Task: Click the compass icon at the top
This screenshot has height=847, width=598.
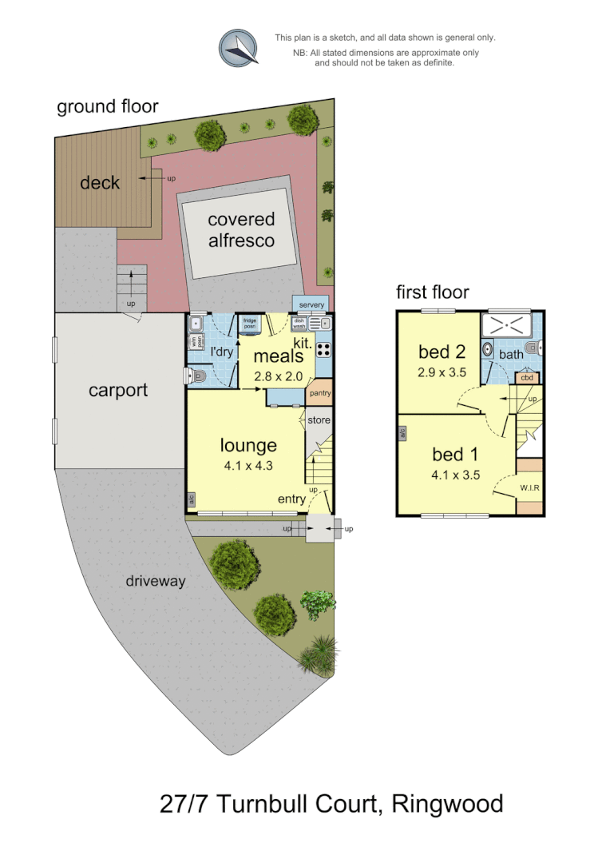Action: point(240,47)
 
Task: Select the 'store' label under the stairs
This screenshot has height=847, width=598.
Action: point(319,420)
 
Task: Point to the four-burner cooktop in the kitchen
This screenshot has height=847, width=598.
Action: point(324,349)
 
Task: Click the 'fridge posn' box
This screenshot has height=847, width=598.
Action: point(249,324)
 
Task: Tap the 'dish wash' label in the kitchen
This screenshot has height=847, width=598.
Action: point(299,324)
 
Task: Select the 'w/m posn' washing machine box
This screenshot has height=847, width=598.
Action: point(196,342)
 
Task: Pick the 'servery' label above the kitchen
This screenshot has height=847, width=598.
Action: point(312,305)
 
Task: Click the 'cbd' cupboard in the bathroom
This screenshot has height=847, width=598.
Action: point(527,378)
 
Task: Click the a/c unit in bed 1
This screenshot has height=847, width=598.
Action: point(402,432)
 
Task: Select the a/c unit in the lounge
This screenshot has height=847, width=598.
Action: point(192,499)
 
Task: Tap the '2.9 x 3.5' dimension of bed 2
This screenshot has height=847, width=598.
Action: point(442,372)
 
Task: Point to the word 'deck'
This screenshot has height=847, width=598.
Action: point(100,183)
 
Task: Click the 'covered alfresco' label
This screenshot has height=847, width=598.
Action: point(241,229)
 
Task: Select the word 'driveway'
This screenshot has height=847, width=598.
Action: point(155,581)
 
